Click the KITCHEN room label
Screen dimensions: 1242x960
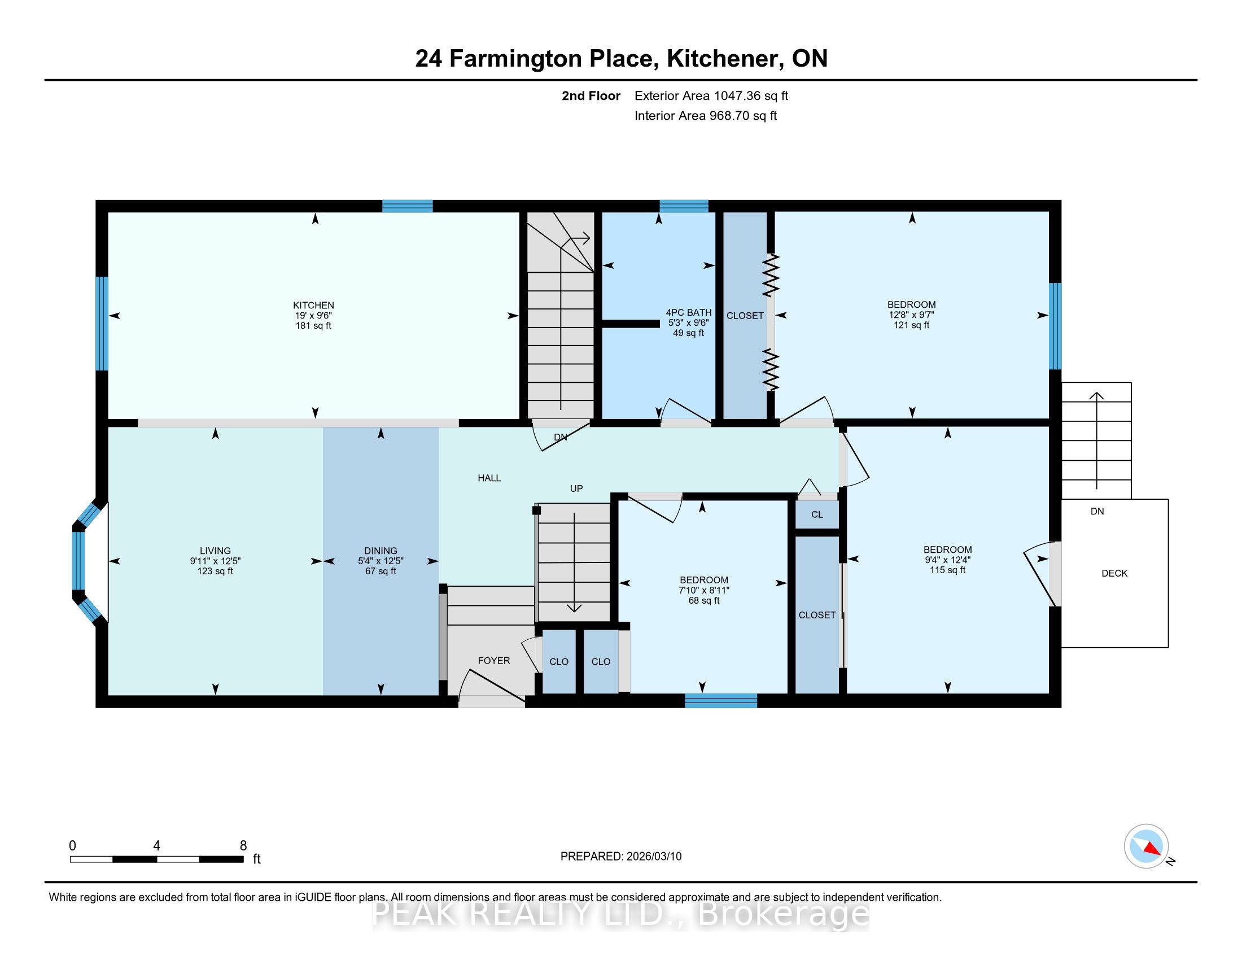(x=313, y=306)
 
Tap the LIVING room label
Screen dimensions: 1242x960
(x=215, y=551)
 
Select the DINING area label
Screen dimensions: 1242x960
(x=381, y=551)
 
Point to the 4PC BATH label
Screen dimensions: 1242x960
(x=689, y=312)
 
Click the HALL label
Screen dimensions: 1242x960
(x=489, y=478)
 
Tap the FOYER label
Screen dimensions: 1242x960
(x=493, y=660)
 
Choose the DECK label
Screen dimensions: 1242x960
(x=1114, y=573)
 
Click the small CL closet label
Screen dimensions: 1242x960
(x=817, y=514)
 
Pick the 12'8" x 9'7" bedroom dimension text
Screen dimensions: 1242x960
(x=912, y=315)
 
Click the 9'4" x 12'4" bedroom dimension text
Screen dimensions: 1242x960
(x=947, y=560)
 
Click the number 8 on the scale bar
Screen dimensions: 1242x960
(x=243, y=846)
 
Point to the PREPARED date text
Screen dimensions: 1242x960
(x=621, y=857)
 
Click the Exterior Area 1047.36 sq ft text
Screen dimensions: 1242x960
(x=711, y=95)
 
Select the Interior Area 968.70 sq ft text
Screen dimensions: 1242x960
(x=706, y=115)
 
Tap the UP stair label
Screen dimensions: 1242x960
(x=576, y=488)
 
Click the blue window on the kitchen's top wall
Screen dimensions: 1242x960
(x=407, y=206)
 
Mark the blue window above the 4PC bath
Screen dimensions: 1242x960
(x=684, y=206)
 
